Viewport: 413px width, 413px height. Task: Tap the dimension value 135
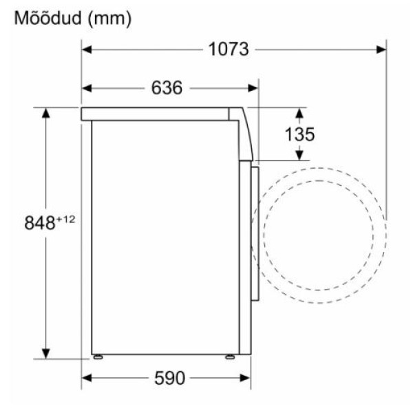tap(299, 134)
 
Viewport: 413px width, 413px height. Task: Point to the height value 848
tap(40, 223)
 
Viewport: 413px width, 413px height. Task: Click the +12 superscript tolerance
tap(65, 218)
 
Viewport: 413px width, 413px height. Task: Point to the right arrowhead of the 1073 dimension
tap(381, 50)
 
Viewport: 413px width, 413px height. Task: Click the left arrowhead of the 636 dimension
tap(87, 88)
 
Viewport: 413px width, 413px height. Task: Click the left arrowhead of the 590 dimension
tap(87, 378)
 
